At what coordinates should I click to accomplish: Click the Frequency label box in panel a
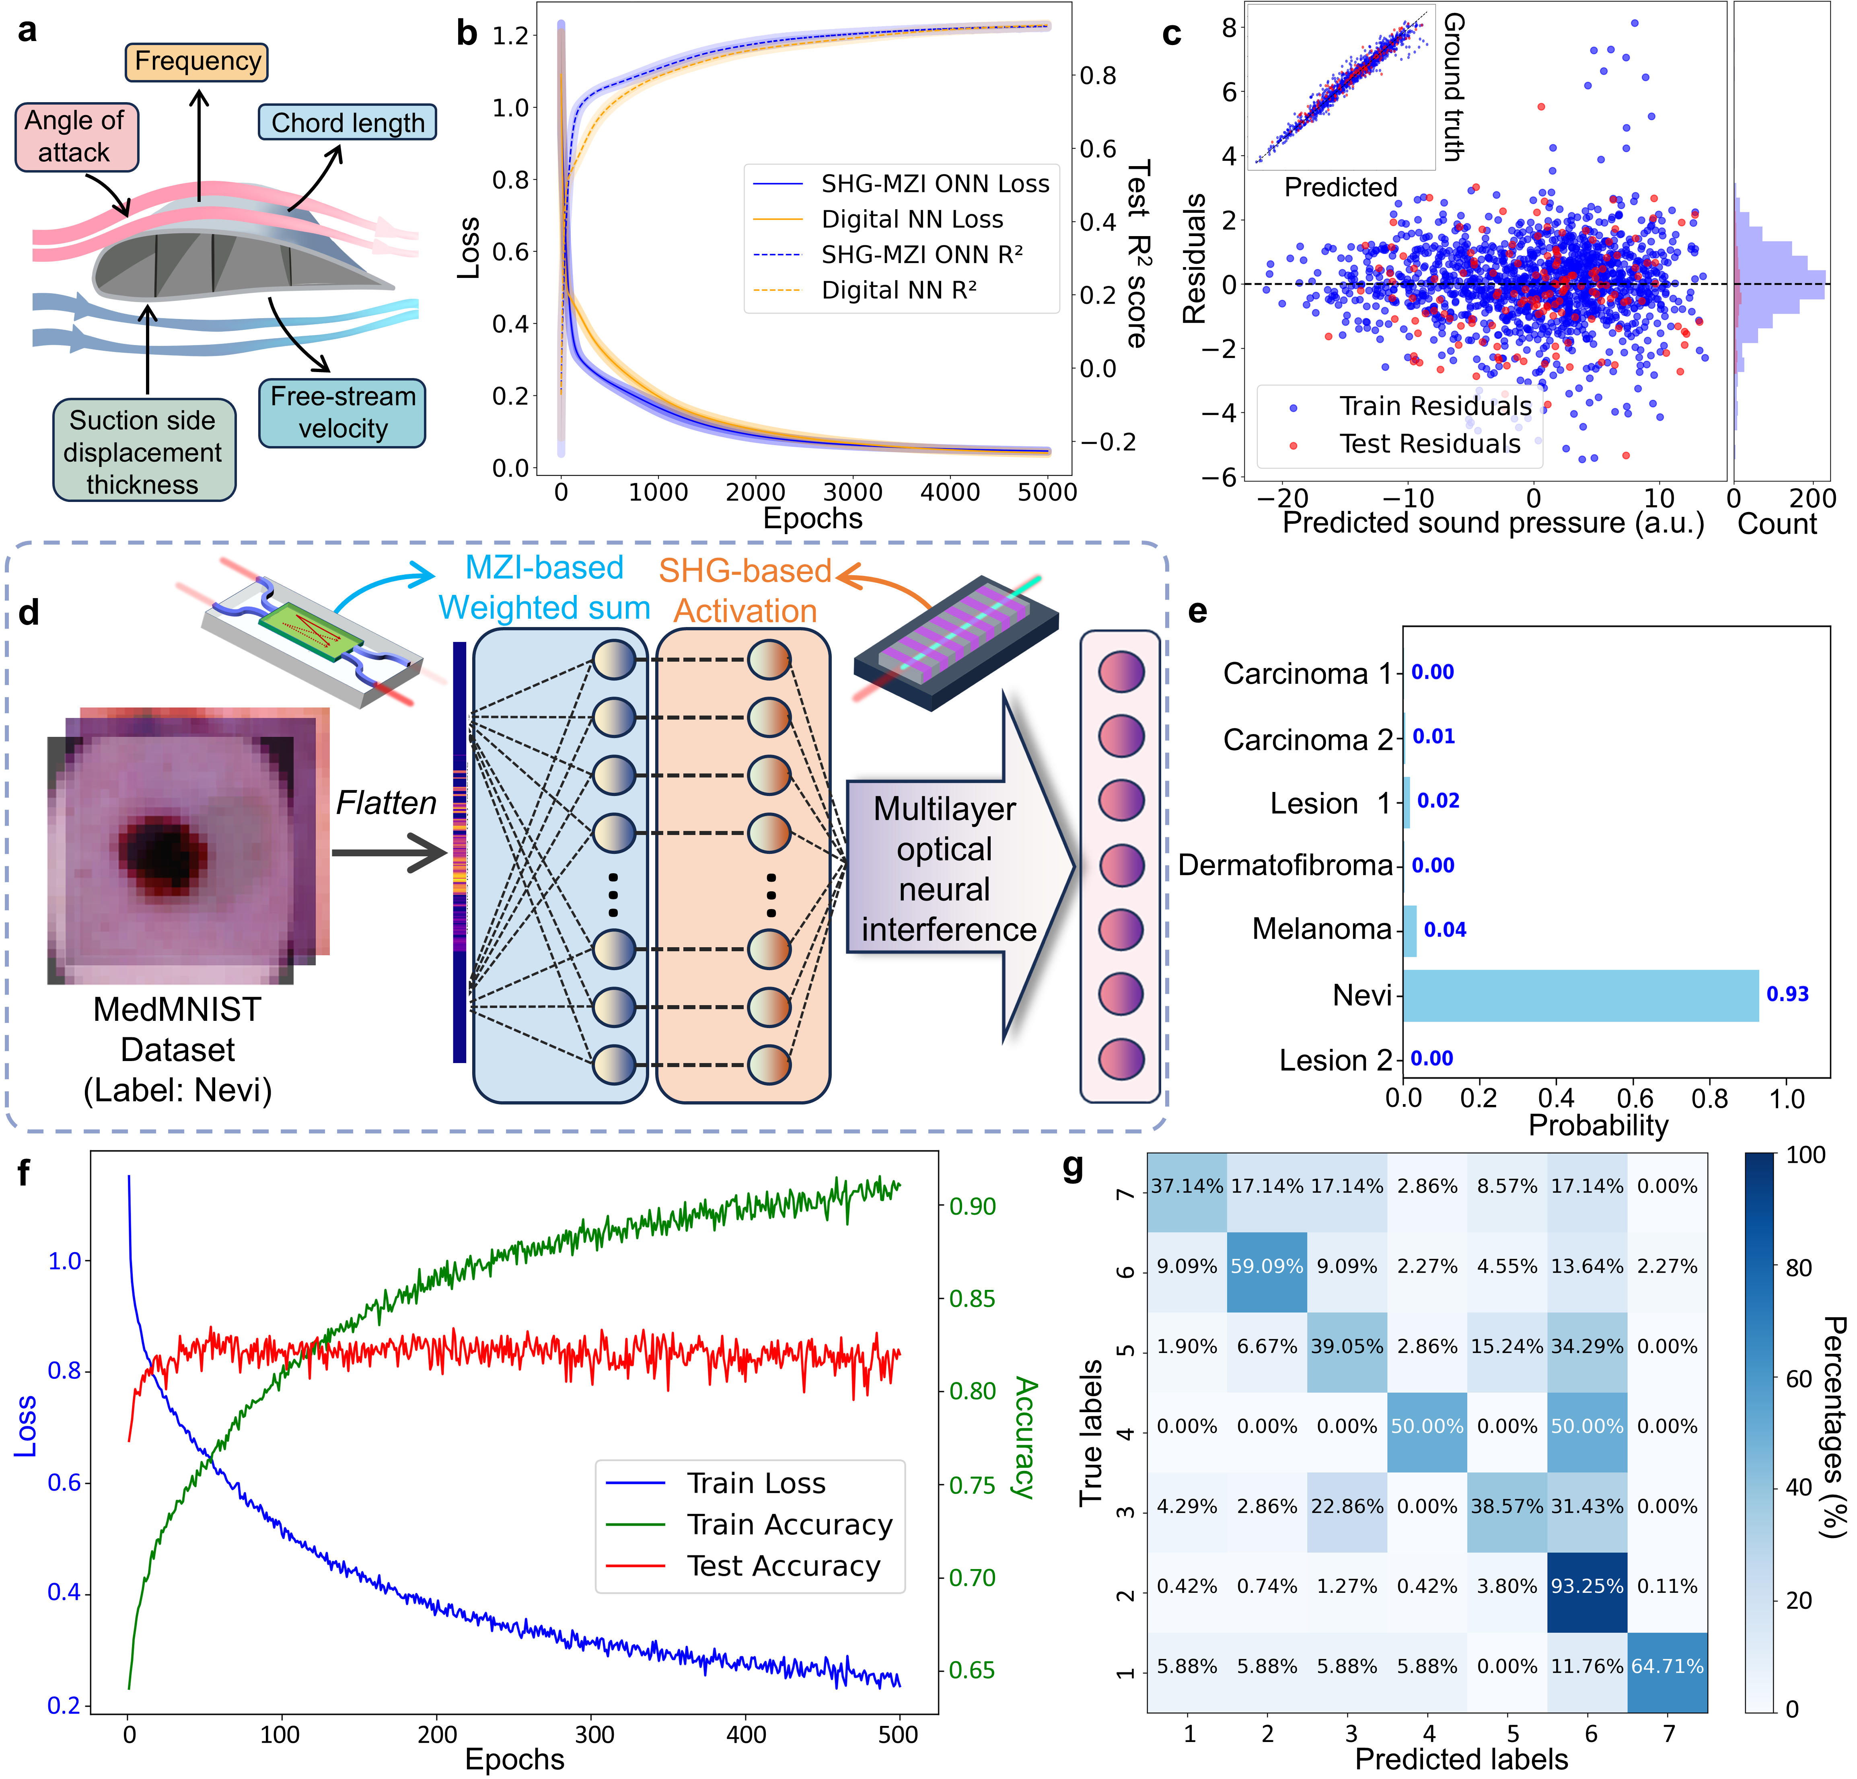197,62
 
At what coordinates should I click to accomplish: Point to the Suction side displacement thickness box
143,451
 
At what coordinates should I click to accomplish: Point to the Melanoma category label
1322,929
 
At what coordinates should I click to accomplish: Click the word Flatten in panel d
386,803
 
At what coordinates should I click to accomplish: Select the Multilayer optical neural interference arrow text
946,869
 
